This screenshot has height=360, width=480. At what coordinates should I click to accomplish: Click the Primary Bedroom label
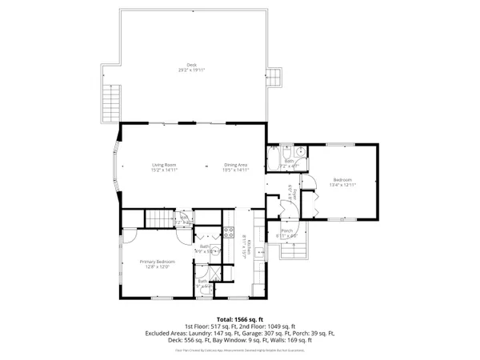(157, 261)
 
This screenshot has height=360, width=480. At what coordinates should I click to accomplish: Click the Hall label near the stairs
(184, 217)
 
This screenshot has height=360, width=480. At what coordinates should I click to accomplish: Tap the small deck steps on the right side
(274, 77)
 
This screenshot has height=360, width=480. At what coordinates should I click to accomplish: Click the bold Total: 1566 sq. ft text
(239, 318)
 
